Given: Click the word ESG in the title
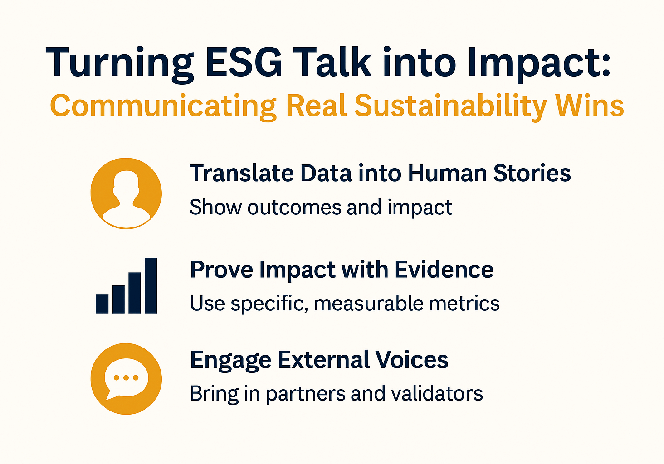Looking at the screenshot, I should [244, 63].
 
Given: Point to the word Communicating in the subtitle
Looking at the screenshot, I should [163, 106].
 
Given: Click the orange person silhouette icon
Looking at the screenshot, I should [126, 193].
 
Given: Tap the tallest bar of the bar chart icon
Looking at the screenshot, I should [151, 285].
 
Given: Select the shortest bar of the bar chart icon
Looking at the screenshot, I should [102, 304].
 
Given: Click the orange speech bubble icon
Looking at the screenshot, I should [126, 379].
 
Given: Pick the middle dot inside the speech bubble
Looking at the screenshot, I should [126, 377].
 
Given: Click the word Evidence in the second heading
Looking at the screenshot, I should [444, 270].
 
